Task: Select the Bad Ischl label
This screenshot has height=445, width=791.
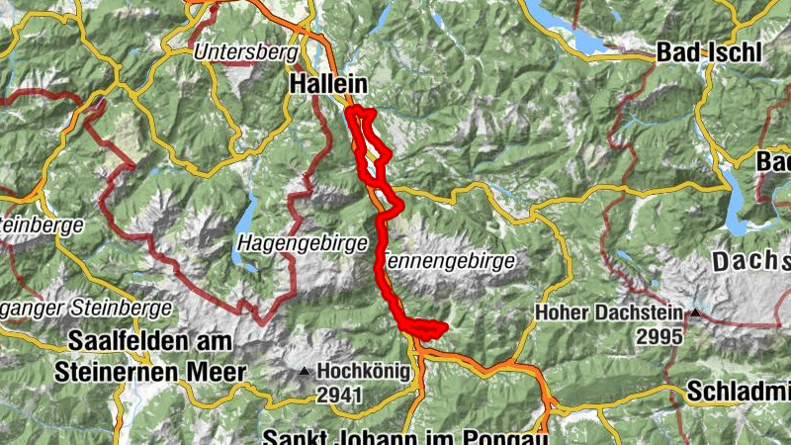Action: (709, 54)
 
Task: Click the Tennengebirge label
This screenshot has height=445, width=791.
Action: (447, 262)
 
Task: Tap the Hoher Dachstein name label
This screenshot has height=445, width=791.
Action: (609, 312)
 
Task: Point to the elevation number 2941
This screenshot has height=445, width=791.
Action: (342, 395)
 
